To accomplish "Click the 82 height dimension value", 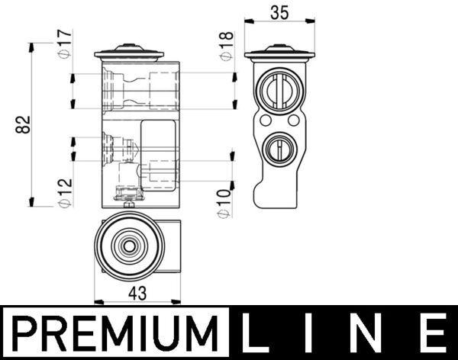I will click(22, 124).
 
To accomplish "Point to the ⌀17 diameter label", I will click(65, 43).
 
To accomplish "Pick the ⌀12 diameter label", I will click(65, 192).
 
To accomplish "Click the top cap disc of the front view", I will click(129, 54).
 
